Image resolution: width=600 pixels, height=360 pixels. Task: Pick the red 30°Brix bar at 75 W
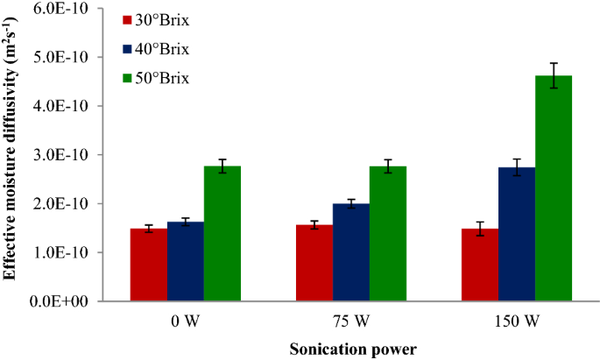click(314, 263)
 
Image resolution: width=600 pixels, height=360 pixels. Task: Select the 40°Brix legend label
click(162, 49)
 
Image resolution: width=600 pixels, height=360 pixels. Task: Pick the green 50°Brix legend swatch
click(127, 78)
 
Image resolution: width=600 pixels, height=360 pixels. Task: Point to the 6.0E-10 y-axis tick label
click(72, 8)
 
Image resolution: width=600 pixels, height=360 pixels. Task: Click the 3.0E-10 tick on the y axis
click(72, 155)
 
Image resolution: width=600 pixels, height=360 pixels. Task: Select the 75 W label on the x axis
click(350, 320)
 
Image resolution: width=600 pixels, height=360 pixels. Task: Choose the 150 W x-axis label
click(517, 320)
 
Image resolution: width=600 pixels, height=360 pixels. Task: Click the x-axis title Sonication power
click(353, 348)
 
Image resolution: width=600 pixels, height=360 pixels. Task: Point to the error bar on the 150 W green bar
click(553, 75)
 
